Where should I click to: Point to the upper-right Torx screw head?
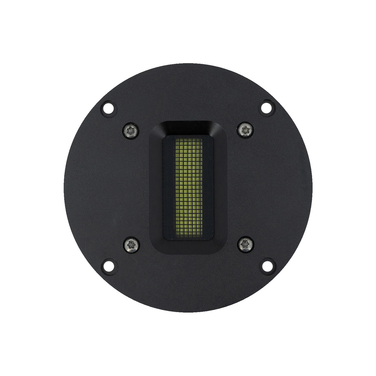click(x=245, y=130)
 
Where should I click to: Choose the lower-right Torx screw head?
click(x=245, y=244)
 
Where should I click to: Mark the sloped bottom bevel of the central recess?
click(x=188, y=247)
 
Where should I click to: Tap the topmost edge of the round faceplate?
click(x=188, y=64)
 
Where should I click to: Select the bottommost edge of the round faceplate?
click(x=188, y=312)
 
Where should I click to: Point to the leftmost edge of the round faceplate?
click(x=64, y=188)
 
